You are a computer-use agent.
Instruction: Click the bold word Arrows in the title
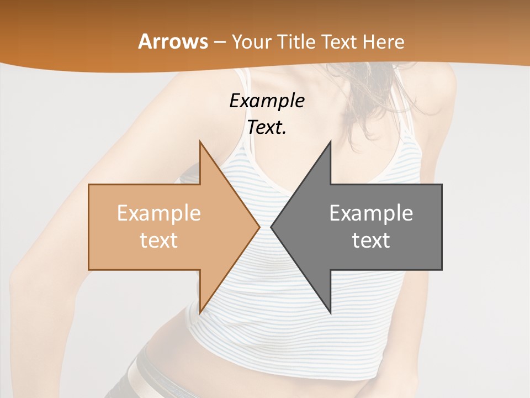tap(173, 41)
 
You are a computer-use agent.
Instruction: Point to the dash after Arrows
tap(219, 42)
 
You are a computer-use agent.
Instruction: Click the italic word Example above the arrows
tap(267, 101)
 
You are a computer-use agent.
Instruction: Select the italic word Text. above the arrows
tap(267, 128)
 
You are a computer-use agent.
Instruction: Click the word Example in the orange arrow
tap(159, 213)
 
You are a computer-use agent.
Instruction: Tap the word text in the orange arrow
tap(159, 240)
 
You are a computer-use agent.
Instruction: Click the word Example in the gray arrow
tap(371, 213)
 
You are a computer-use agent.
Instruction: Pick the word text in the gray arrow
tap(371, 240)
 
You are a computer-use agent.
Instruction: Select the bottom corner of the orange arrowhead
tap(200, 312)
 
